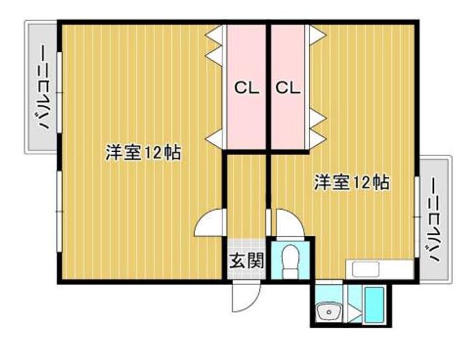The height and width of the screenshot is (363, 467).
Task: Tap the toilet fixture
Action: [289, 260]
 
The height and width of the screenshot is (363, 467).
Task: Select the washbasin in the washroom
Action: [329, 313]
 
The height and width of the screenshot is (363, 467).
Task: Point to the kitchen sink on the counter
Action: [364, 269]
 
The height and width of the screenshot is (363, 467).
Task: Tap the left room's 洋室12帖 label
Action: [143, 153]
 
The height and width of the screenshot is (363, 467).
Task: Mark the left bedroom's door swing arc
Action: [209, 224]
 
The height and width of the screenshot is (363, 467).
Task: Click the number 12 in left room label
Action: [154, 154]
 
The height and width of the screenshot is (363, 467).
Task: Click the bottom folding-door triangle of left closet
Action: [215, 136]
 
